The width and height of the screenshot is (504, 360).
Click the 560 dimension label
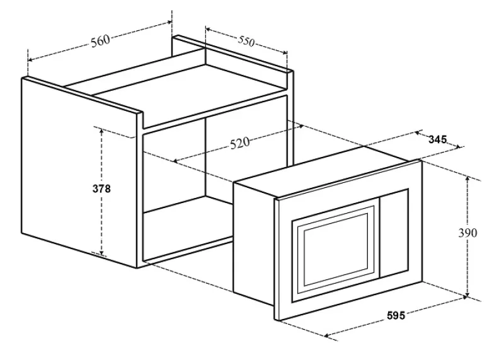100,41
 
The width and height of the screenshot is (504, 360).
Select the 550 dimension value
246,41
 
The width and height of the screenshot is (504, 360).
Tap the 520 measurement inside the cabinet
240,143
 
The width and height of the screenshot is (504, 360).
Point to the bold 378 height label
101,189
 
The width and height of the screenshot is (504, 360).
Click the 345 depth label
437,139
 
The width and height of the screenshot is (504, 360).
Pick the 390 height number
467,233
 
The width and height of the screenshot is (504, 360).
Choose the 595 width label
396,316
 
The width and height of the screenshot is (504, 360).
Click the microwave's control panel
394,233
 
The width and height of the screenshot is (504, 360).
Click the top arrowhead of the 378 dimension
101,131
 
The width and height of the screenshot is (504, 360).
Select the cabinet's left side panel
79,174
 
